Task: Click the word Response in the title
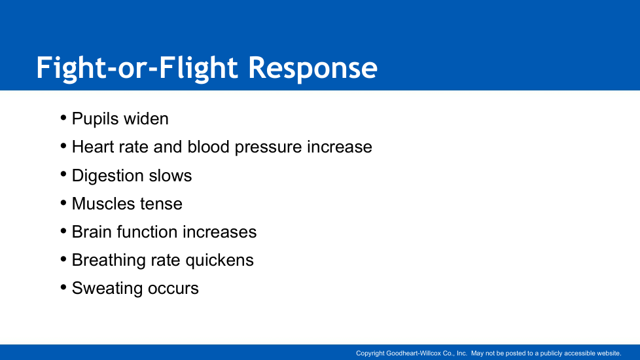click(313, 68)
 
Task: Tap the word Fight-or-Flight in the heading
click(137, 68)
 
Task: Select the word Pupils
click(95, 119)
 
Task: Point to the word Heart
click(93, 147)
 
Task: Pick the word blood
click(208, 147)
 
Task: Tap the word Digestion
click(108, 176)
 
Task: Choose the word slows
click(170, 175)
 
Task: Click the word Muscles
click(103, 204)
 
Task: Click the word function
click(147, 232)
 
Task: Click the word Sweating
click(107, 289)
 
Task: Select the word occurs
click(173, 289)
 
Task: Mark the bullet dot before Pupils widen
click(63, 118)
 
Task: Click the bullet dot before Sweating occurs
click(63, 287)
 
